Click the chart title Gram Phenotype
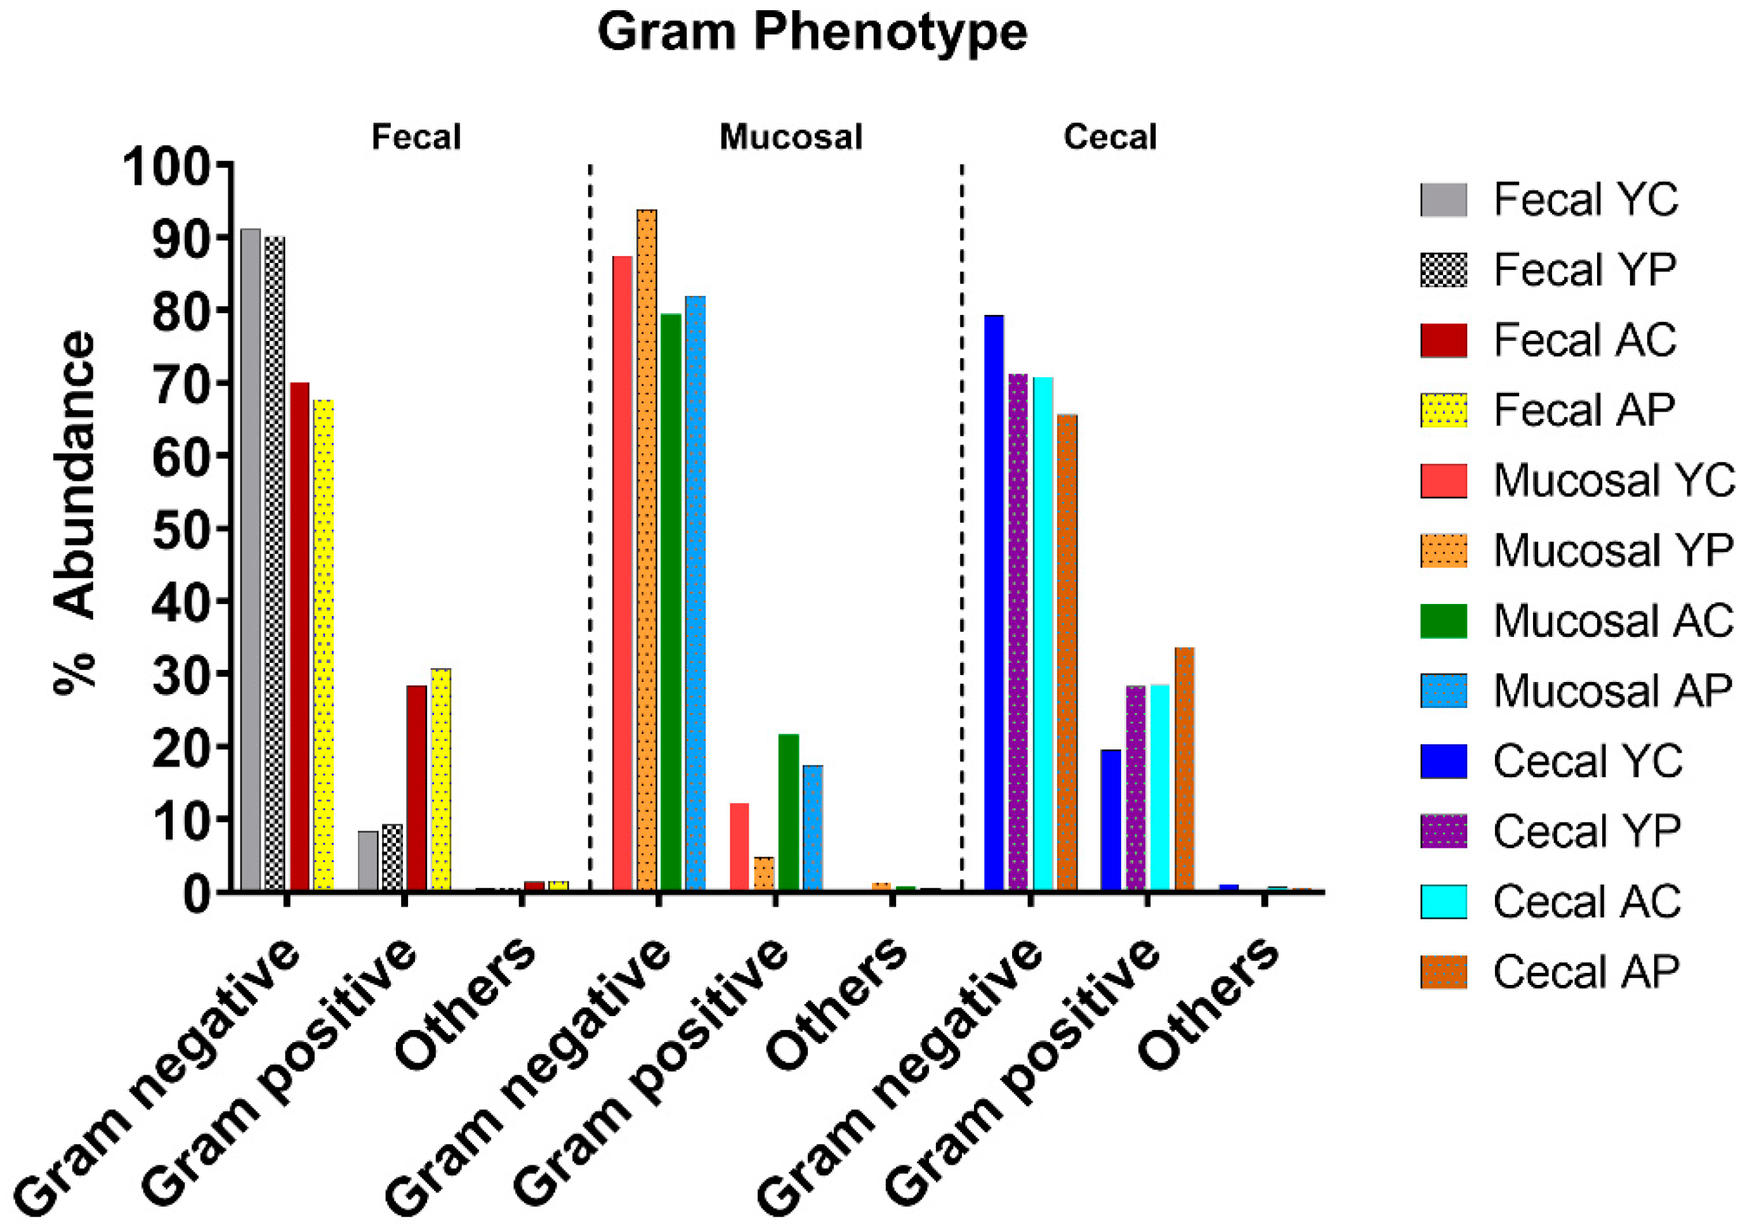pos(812,32)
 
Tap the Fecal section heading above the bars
pos(416,138)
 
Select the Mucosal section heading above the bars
pos(791,138)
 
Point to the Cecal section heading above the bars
pos(1110,138)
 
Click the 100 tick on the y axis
pos(168,166)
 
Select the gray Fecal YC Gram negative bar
pos(250,559)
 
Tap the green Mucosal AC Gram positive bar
pos(789,812)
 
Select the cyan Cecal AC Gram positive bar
pos(1160,787)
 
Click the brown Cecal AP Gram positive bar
pos(1184,768)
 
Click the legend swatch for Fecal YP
pos(1443,270)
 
